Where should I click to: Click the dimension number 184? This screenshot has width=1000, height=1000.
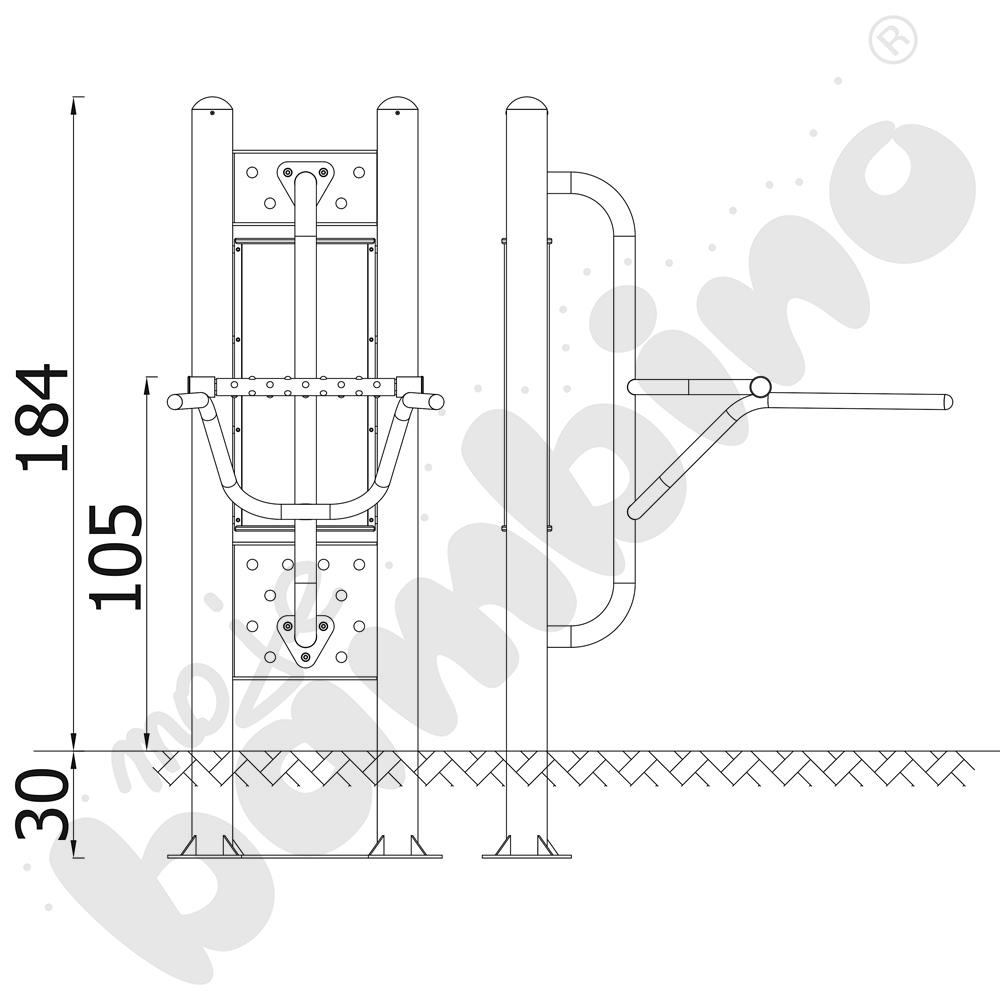coord(43,418)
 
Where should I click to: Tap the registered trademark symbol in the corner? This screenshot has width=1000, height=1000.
coord(892,41)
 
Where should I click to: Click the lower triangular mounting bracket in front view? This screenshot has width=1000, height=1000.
coord(305,641)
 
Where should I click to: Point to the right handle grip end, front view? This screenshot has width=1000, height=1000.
coord(436,402)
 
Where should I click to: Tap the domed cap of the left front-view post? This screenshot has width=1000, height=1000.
coord(212,104)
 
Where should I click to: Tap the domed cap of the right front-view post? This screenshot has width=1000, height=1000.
coord(397,104)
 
